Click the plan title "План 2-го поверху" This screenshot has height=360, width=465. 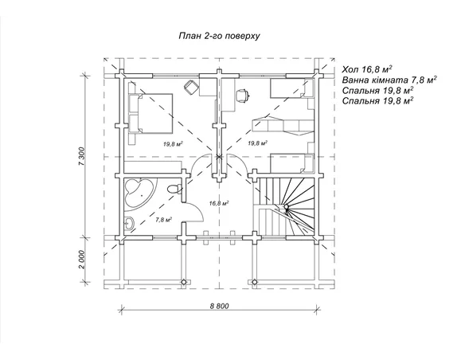219,36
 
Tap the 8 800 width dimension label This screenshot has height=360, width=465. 220,306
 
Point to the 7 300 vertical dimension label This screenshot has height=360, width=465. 83,156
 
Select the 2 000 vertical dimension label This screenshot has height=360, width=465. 83,260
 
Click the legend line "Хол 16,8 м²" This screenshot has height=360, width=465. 367,69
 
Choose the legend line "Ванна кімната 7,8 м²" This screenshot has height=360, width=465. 389,80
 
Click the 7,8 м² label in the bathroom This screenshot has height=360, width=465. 164,220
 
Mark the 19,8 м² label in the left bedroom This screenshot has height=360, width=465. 172,144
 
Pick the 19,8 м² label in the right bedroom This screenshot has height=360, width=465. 257,143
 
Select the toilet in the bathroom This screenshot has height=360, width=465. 174,189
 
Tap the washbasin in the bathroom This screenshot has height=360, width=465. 129,223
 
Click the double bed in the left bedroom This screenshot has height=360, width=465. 150,113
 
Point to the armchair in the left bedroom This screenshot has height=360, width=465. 191,87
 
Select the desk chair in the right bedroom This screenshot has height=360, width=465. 242,96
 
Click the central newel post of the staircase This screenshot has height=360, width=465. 286,207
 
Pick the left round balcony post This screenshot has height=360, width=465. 184,282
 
